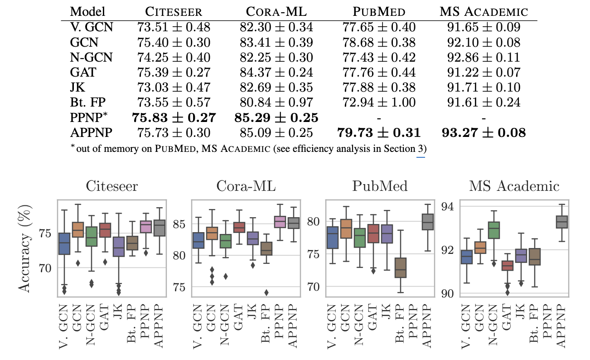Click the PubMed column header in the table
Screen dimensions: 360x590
[378, 11]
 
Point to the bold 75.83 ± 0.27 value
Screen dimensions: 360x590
[174, 118]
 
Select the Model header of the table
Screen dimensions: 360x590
[88, 11]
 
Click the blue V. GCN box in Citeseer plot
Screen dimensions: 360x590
[65, 244]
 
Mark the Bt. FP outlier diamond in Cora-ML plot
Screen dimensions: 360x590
[266, 292]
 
